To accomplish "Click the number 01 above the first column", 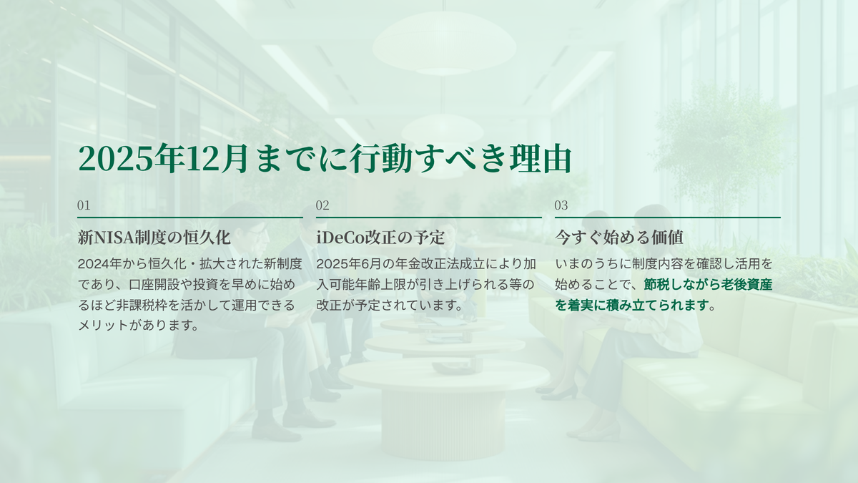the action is (x=84, y=205).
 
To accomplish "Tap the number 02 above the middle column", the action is (x=322, y=205).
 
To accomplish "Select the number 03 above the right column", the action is (x=561, y=205).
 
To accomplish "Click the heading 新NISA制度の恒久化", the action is (x=154, y=238).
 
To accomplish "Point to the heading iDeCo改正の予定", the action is (x=380, y=238).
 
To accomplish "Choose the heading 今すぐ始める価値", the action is (x=619, y=238).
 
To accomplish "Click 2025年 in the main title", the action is (x=130, y=158).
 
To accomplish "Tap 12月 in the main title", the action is (x=215, y=158).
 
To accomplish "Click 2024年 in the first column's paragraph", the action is (x=100, y=264).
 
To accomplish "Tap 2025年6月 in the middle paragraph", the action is (x=344, y=264).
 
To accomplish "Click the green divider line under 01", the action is (x=190, y=218).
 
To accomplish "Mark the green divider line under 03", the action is (x=668, y=218).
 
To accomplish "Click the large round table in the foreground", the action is (x=444, y=406).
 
